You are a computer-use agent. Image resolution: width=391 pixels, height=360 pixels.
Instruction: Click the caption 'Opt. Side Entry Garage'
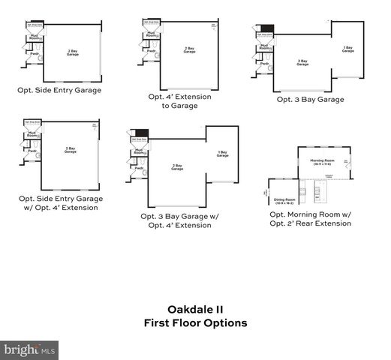click(59, 90)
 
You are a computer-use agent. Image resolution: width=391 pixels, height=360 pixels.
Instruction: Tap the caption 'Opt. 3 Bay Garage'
click(310, 99)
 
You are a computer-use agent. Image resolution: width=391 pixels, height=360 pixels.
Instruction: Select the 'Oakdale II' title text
click(194, 308)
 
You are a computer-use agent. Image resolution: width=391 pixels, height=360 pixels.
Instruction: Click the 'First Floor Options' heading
click(195, 322)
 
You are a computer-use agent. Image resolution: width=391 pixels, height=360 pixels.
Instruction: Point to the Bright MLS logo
click(30, 349)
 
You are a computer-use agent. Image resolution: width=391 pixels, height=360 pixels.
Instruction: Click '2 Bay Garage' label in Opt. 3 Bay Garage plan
click(302, 62)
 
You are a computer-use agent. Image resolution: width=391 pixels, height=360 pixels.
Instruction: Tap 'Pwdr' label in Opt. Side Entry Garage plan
click(35, 53)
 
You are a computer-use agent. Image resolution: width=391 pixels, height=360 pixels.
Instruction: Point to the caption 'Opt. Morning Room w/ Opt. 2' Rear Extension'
click(310, 218)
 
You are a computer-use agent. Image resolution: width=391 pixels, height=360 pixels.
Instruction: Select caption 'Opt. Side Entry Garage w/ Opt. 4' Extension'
click(60, 202)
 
